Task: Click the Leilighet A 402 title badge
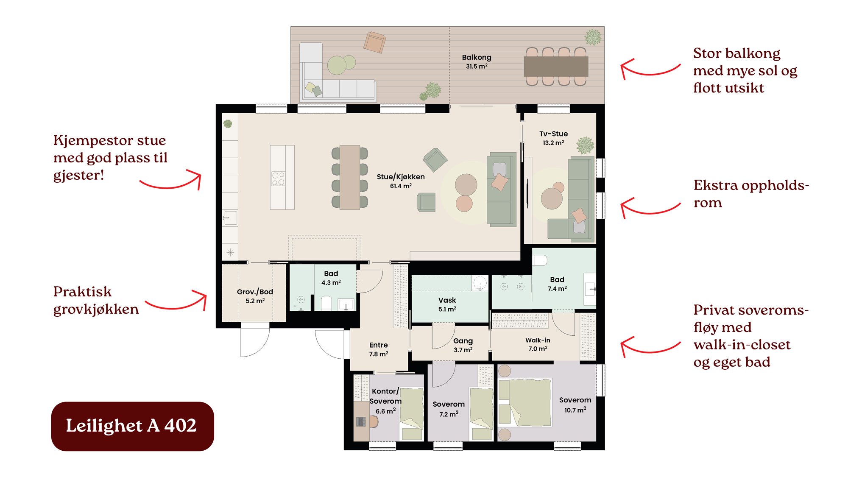tap(132, 426)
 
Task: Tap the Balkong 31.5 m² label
tap(477, 61)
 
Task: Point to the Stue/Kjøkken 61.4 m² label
tap(401, 181)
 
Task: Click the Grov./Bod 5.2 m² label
tap(255, 296)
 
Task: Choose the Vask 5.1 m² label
tap(447, 304)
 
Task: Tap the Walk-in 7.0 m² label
tap(538, 344)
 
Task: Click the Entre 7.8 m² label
tap(379, 349)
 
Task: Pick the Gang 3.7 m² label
tap(463, 345)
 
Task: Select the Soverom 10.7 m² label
tap(575, 404)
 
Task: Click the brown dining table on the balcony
tap(556, 67)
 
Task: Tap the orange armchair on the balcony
tap(374, 42)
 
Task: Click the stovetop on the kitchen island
tap(278, 179)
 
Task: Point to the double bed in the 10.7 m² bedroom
tap(525, 402)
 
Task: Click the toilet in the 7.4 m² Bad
tap(540, 259)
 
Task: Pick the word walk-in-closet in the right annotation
tap(742, 345)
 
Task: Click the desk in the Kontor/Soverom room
tap(361, 421)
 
